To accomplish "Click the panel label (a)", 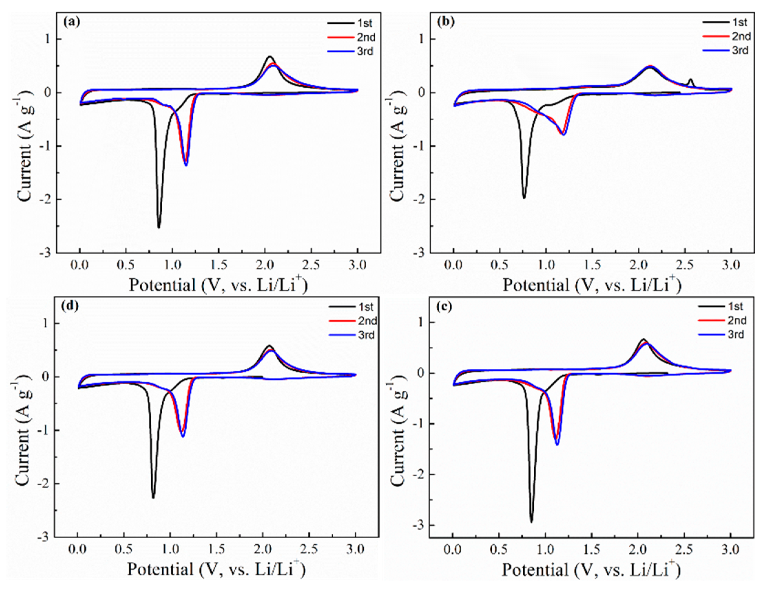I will click(72, 22).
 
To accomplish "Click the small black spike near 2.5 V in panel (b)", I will click(690, 80).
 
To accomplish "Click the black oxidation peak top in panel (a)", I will click(270, 57).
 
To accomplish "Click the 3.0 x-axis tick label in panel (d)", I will click(355, 549).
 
